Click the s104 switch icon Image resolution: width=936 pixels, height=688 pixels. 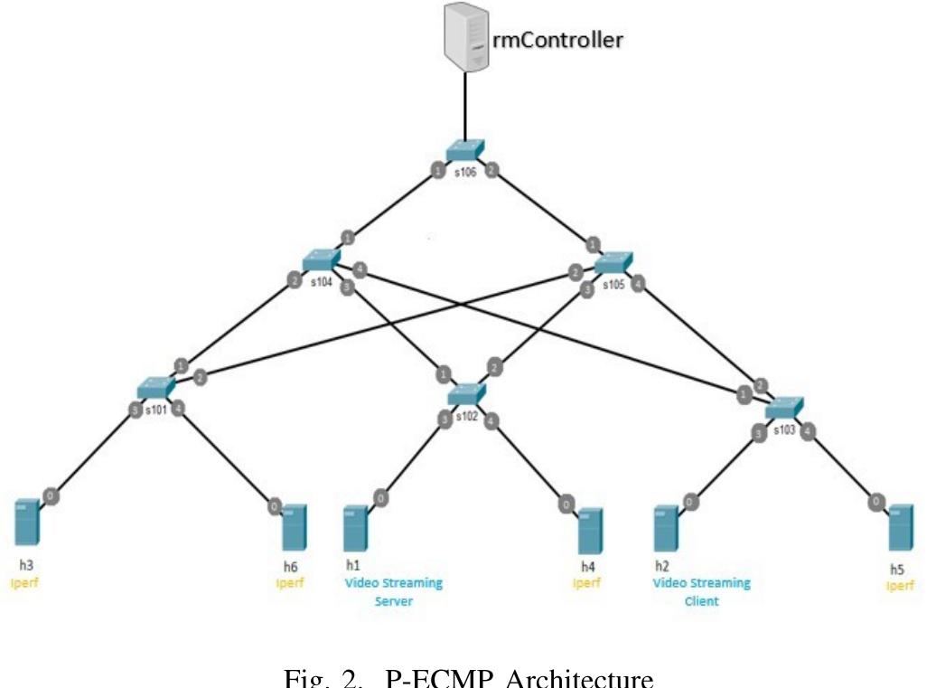(320, 260)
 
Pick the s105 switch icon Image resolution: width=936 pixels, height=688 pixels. (614, 263)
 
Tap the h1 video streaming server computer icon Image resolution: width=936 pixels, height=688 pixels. (355, 529)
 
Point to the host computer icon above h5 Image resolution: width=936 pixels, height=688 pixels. (899, 528)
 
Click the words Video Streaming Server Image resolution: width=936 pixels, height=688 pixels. (394, 591)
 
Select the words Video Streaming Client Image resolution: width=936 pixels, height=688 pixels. (701, 591)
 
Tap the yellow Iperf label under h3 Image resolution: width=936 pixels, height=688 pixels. (24, 583)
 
